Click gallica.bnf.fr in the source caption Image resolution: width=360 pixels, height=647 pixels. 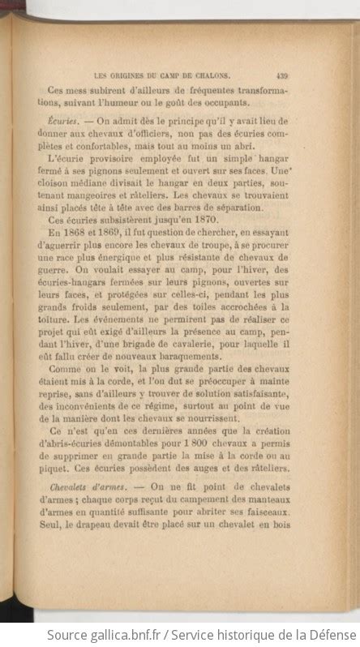[x=112, y=633]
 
